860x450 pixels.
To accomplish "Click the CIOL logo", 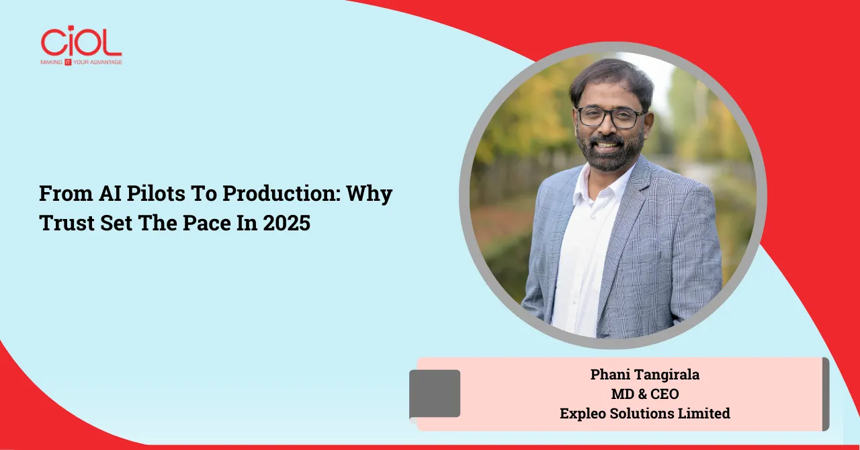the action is tap(81, 45).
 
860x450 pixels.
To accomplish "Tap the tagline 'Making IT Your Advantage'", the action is tap(81, 62).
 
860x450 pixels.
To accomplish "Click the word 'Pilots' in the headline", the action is tap(156, 193).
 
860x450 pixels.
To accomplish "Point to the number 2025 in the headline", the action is tap(287, 222).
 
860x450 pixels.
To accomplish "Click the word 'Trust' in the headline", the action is tap(67, 222).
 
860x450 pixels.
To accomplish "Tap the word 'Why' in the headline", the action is tap(370, 194).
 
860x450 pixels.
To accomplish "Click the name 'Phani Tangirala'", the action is tap(645, 374).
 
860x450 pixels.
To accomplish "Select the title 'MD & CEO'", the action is tap(645, 394).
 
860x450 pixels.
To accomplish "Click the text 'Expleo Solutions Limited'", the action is tap(645, 414).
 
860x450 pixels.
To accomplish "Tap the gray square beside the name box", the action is tap(435, 394).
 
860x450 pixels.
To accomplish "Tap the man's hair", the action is tap(611, 81).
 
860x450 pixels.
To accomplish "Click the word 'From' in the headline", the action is tap(66, 193).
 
